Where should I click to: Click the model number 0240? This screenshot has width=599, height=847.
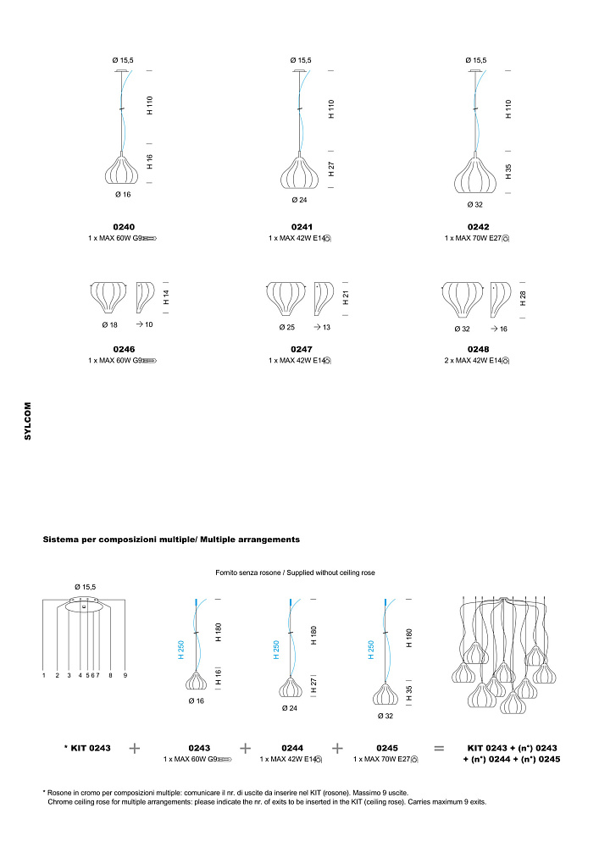pos(123,227)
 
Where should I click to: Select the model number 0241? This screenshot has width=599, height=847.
pos(300,227)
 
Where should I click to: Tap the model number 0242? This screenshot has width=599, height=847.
pos(477,227)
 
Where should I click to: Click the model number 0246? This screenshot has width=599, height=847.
pos(123,348)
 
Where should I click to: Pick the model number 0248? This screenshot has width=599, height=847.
pos(477,348)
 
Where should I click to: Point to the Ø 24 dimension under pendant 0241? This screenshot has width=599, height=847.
pos(298,201)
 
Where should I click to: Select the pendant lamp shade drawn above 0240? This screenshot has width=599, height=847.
pos(122,170)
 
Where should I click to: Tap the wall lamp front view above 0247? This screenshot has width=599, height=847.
pos(286,297)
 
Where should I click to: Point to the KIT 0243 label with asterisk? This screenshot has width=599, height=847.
pos(87,748)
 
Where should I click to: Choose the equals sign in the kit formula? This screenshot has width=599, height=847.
pos(439,749)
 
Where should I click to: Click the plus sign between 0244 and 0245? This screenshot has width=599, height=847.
pos(337,749)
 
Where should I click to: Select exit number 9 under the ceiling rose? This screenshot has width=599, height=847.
pos(125,676)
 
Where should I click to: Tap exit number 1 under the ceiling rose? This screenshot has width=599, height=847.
pos(44,676)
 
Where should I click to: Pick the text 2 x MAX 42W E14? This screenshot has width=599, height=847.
pos(477,360)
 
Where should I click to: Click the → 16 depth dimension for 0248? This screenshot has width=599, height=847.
pos(498,328)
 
